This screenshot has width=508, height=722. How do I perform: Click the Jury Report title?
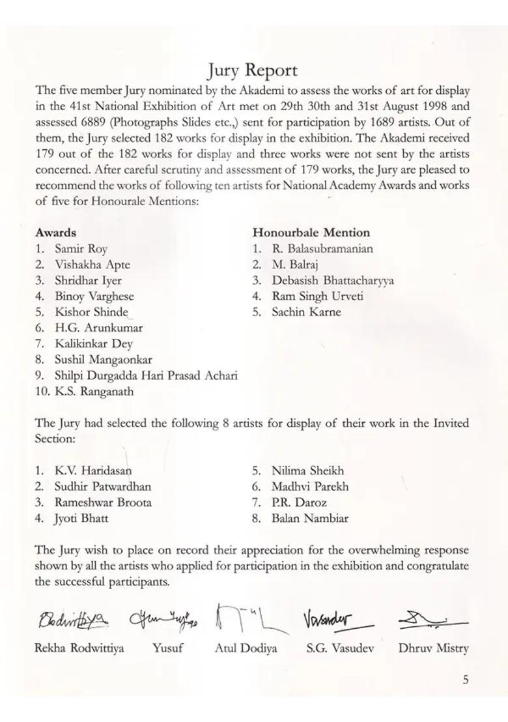pos(253,70)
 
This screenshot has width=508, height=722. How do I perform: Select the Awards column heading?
pos(55,233)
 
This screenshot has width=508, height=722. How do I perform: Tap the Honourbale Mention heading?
pos(311,233)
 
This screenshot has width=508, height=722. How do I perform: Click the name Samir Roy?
pos(81,248)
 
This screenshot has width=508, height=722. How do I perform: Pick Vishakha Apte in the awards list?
pos(92,265)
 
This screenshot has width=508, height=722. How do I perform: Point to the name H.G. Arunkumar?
pos(98,328)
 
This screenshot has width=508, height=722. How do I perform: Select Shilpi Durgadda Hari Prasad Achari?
pos(145,375)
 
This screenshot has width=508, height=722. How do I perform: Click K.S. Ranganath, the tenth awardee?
pos(94,392)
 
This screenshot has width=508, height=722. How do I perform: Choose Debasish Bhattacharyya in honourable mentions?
pos(332,280)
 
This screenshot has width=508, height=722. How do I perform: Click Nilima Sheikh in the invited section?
pos(307,470)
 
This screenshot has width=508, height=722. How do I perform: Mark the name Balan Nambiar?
pos(309,519)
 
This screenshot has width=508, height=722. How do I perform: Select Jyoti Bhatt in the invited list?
pos(81,519)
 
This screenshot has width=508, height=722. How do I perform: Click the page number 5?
pos(465,680)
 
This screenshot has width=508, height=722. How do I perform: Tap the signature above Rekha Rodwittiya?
pos(73,619)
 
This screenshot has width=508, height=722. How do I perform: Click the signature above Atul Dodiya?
pos(249,619)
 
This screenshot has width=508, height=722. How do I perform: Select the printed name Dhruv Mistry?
pos(433,648)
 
